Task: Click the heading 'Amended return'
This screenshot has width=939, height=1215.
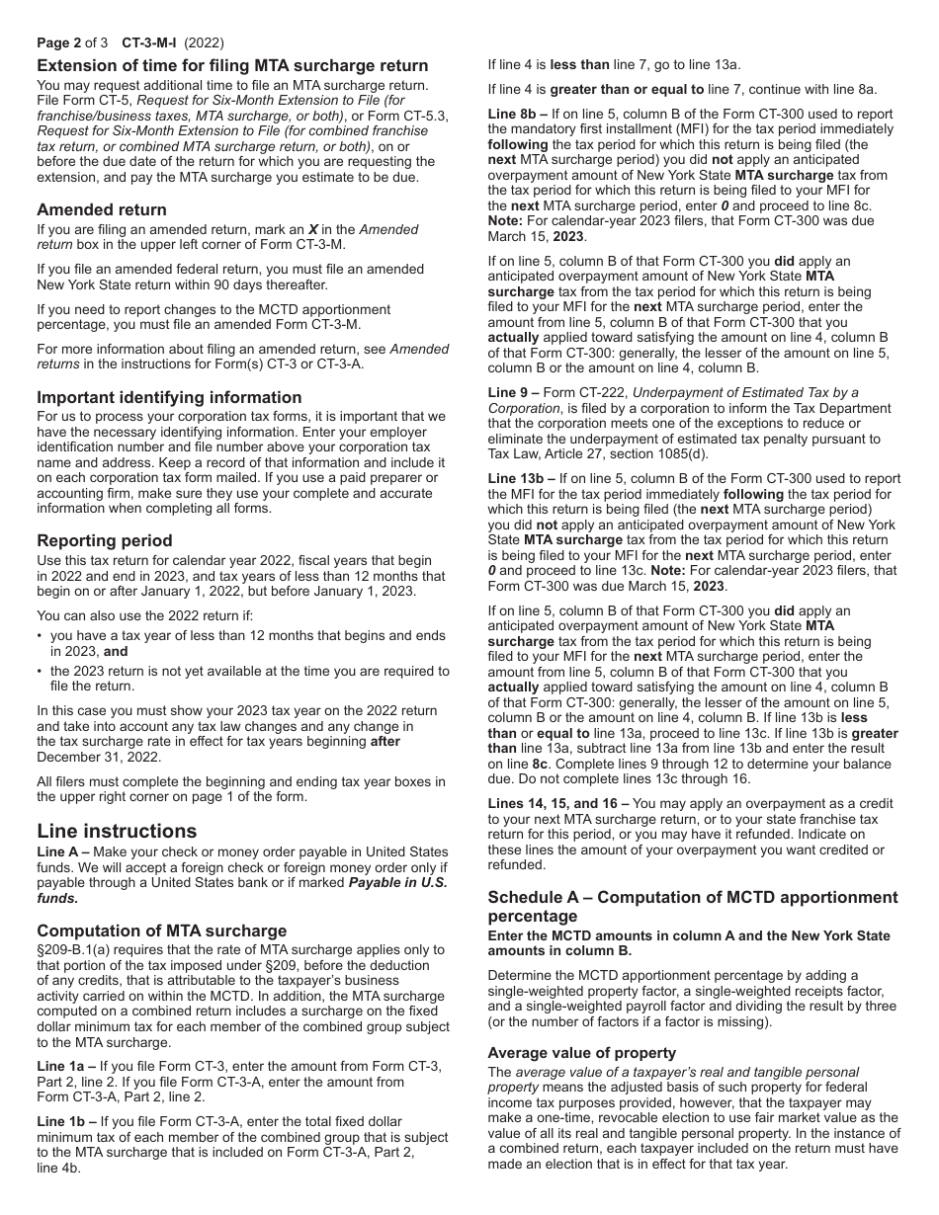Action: click(x=102, y=209)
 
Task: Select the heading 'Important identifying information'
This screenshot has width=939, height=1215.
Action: click(x=169, y=397)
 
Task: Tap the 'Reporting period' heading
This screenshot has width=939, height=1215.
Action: click(x=105, y=540)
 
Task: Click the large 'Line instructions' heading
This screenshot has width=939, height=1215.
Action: click(x=117, y=831)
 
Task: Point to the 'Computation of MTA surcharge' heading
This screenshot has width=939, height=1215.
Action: click(x=162, y=931)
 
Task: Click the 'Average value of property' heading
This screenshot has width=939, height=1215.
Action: click(x=584, y=1053)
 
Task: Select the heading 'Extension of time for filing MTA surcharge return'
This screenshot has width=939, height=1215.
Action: click(x=232, y=65)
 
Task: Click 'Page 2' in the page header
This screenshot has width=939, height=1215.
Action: click(x=60, y=43)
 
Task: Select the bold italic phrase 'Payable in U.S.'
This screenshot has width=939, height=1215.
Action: click(x=397, y=883)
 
